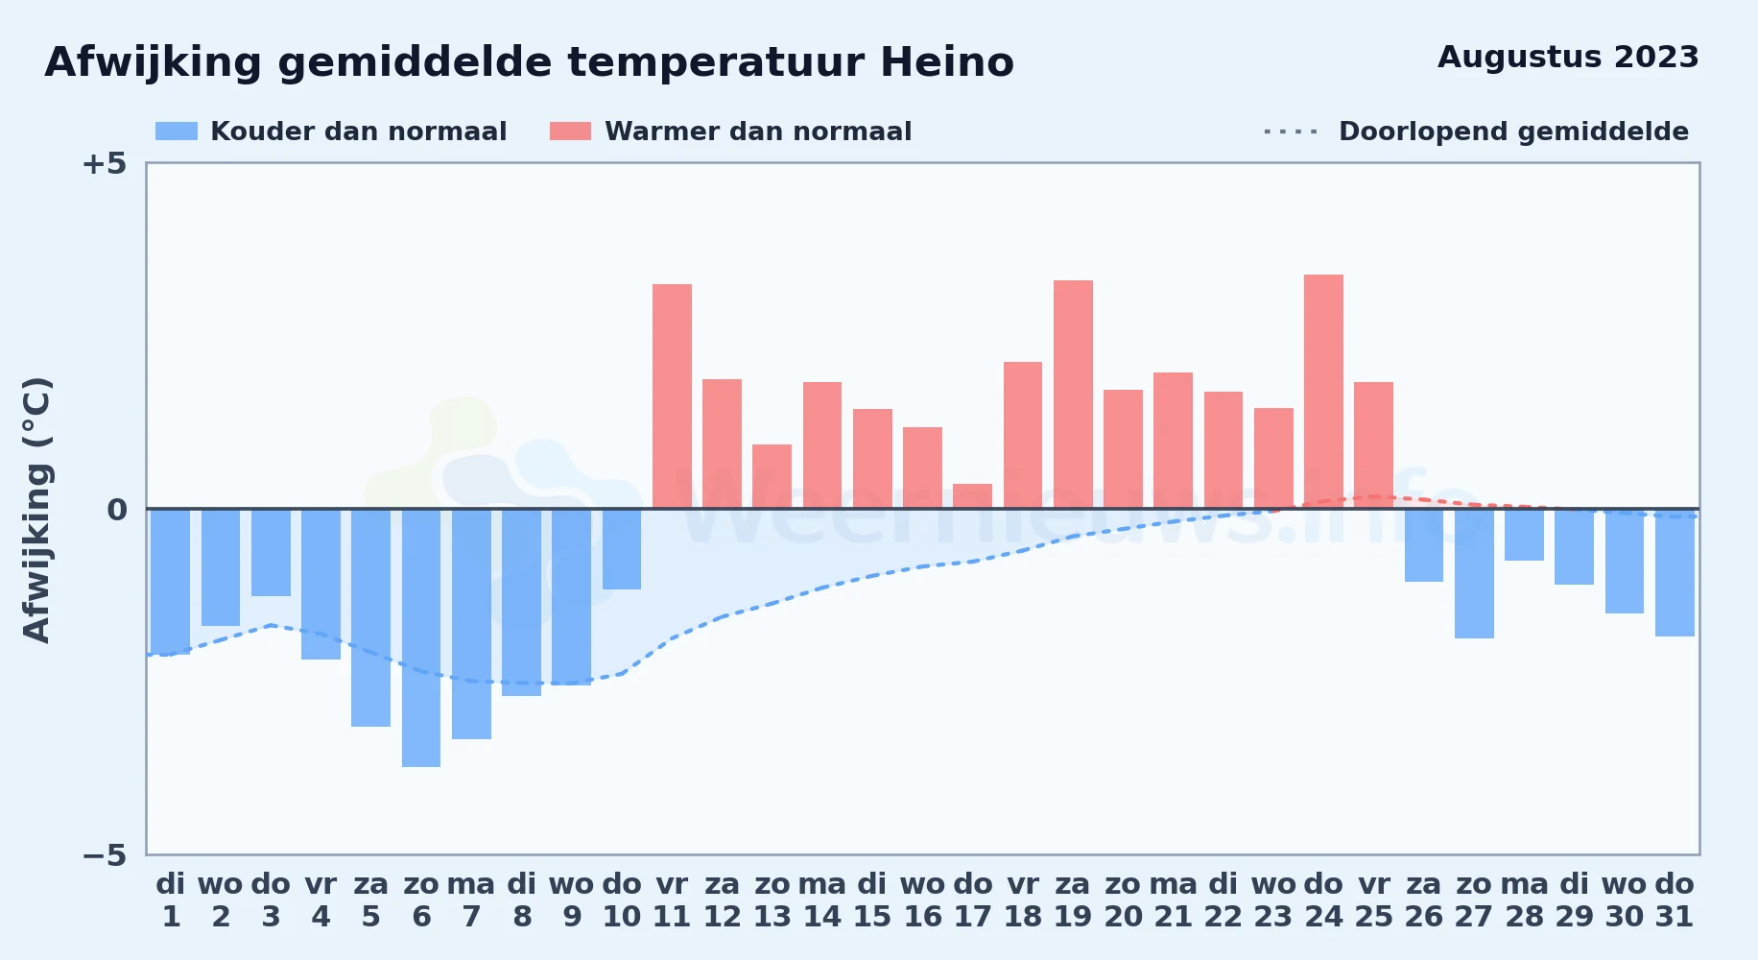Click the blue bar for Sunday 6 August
pos(421,637)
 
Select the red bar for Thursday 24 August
pos(1323,392)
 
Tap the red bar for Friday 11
pos(672,396)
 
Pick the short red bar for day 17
pos(973,496)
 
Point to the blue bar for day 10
pos(622,549)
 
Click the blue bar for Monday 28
pos(1524,535)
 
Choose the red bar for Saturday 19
pos(1073,395)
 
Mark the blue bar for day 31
pos(1675,572)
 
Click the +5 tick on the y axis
pos(105,163)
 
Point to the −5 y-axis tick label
pos(105,855)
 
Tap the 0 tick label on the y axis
pos(117,510)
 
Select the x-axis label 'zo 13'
pos(772,900)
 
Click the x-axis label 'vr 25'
pos(1374,900)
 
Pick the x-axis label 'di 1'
pos(171,900)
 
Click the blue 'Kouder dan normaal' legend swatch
pos(177,132)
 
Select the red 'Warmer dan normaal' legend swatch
pos(571,132)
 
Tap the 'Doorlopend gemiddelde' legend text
pos(1513,132)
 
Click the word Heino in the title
pos(947,62)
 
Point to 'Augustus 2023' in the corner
pos(1568,57)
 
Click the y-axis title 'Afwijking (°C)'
pos(36,510)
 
